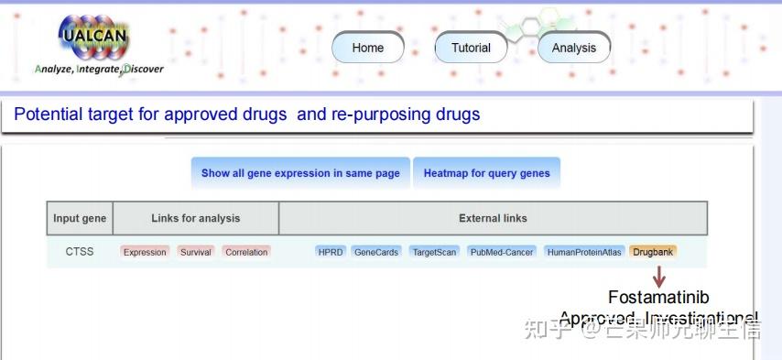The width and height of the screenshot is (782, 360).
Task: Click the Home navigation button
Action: click(367, 48)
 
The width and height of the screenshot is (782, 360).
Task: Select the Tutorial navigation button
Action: click(471, 48)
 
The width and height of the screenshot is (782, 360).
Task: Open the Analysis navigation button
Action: click(573, 48)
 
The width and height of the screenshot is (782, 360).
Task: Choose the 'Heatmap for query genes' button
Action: click(486, 173)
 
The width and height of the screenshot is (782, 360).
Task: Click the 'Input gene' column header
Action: click(80, 218)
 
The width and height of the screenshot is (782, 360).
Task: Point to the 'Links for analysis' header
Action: click(195, 218)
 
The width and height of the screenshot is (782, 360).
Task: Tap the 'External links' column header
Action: click(493, 218)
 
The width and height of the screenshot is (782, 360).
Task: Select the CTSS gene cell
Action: click(80, 252)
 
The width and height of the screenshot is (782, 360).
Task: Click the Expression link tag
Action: click(145, 252)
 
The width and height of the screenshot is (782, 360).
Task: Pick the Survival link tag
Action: click(195, 252)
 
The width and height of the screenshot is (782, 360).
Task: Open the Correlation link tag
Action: click(246, 252)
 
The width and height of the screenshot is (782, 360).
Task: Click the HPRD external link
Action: click(330, 252)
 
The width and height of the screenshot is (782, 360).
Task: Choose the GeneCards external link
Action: click(376, 252)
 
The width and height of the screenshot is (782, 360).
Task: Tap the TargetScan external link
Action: click(433, 252)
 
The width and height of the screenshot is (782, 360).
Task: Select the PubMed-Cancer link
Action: click(501, 252)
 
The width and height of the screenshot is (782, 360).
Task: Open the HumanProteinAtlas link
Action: click(584, 252)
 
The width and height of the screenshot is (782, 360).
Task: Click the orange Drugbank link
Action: click(653, 252)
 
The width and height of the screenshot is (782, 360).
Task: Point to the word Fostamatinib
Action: click(658, 298)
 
